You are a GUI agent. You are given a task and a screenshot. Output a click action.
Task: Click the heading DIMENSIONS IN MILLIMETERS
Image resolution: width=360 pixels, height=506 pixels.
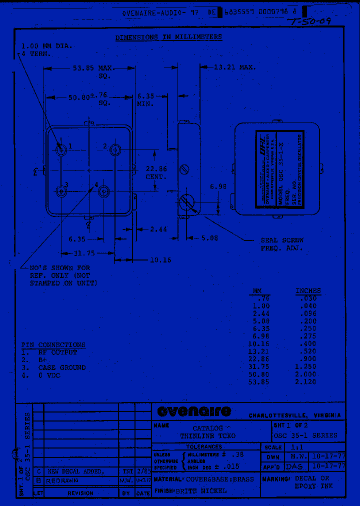click(168, 37)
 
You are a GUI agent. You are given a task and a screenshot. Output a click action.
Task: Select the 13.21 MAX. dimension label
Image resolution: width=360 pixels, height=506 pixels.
click(234, 67)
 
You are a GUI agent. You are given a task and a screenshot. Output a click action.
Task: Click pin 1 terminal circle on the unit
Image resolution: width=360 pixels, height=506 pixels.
click(61, 149)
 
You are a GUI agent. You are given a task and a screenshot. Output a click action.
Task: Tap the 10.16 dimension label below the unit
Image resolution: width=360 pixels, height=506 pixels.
click(160, 260)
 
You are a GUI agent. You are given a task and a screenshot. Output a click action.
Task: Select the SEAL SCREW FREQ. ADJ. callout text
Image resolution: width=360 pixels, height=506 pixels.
click(281, 244)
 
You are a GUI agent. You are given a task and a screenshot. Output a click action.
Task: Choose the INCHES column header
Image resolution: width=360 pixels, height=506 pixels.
click(308, 290)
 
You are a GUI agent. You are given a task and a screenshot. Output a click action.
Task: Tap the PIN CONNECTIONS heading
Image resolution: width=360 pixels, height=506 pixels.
click(53, 345)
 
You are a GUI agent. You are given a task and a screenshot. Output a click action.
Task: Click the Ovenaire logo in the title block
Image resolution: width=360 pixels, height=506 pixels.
click(194, 411)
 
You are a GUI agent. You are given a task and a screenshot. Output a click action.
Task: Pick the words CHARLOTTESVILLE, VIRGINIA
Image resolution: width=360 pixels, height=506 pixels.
click(294, 415)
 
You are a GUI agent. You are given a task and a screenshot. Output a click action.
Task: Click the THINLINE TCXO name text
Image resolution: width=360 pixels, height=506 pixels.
click(207, 436)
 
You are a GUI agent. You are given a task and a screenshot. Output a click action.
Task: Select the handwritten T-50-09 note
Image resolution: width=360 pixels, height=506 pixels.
click(309, 21)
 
